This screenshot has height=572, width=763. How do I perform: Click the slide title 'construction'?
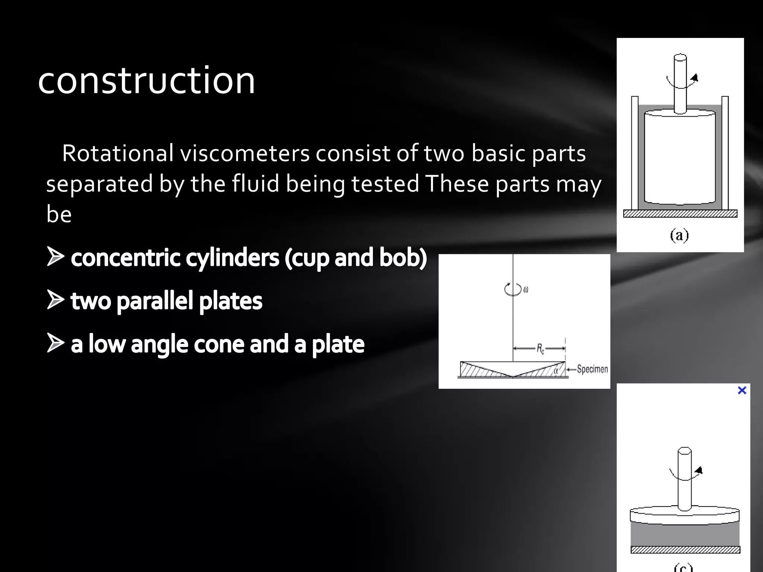[146, 80]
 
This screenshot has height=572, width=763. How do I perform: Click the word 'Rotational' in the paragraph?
[118, 153]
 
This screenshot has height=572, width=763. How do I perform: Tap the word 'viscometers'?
[245, 153]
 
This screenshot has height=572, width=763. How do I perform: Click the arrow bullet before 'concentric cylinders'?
[55, 257]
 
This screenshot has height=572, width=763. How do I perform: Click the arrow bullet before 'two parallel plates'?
[55, 300]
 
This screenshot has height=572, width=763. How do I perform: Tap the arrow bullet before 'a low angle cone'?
[55, 343]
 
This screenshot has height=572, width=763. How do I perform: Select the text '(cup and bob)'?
[355, 258]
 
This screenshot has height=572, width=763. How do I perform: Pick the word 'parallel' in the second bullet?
[155, 301]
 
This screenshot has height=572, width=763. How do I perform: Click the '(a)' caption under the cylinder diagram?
[679, 235]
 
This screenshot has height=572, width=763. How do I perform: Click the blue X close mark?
[742, 390]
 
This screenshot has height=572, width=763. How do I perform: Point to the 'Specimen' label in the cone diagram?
[592, 369]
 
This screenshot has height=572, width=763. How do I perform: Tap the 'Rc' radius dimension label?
[540, 349]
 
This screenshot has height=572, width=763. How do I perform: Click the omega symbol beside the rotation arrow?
[526, 289]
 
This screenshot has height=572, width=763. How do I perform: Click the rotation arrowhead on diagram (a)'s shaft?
[694, 78]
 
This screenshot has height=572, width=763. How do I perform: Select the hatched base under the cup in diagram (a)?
[680, 214]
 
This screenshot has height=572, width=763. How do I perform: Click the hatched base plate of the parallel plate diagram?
[685, 550]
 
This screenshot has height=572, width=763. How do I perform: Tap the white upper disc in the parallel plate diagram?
[685, 516]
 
